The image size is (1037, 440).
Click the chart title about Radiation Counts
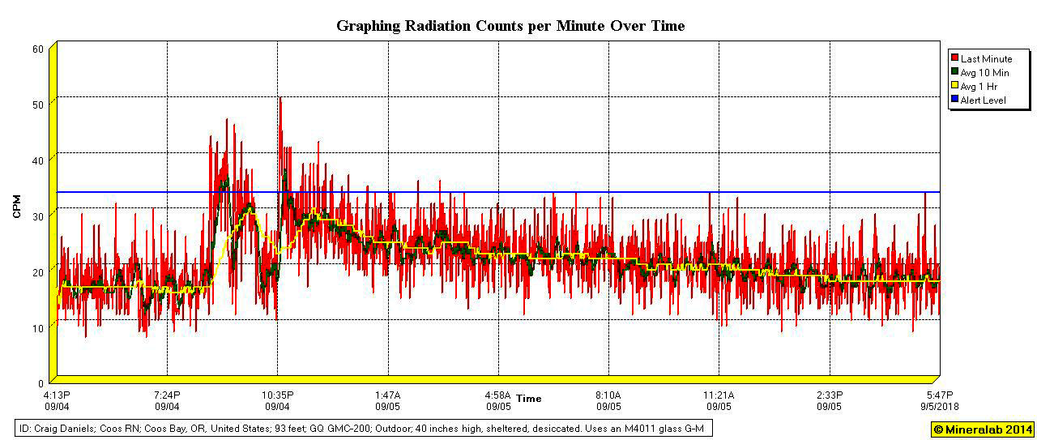point(510,26)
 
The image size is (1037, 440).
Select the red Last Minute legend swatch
point(954,59)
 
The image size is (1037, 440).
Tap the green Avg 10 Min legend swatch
point(954,73)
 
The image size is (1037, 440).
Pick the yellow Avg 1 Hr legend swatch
point(954,86)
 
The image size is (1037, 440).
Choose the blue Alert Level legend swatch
point(954,100)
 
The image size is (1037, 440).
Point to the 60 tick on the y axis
point(37,49)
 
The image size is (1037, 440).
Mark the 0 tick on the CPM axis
point(41,382)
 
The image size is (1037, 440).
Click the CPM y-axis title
point(16,206)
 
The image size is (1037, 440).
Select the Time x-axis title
point(529,399)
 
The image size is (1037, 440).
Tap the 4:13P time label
point(57,395)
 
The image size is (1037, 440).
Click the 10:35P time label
point(277,395)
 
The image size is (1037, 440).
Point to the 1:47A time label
point(387,395)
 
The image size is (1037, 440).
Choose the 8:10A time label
point(608,395)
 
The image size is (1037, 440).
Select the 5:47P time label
point(940,395)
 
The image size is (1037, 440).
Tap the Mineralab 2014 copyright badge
point(982,429)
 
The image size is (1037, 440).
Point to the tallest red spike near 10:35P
point(280,99)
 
